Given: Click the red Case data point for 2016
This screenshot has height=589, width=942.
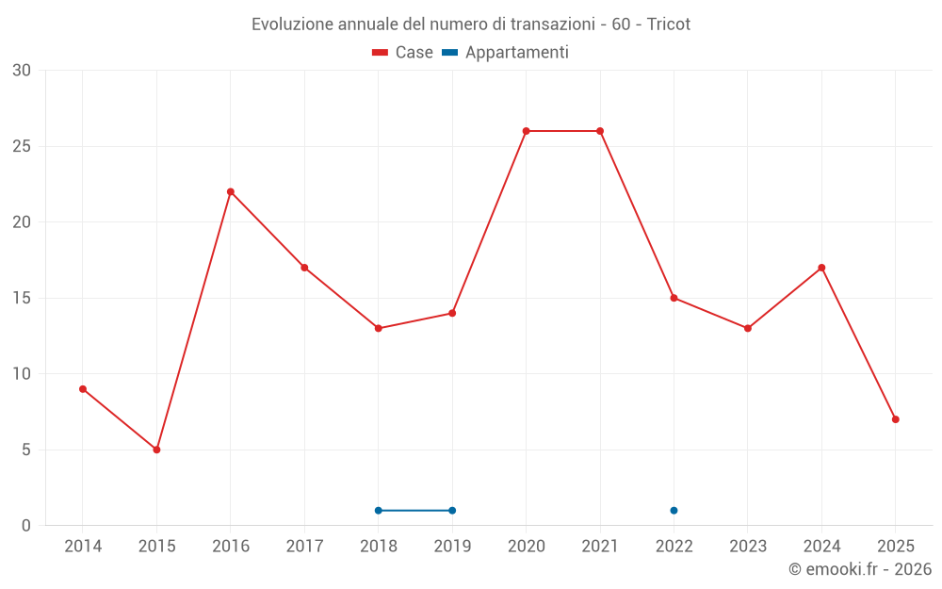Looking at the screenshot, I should pos(231,191).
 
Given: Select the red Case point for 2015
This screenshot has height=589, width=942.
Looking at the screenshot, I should pos(156,450).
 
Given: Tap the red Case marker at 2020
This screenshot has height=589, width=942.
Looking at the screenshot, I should pos(526,131).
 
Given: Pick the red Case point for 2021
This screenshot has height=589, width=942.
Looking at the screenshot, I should pos(600,131).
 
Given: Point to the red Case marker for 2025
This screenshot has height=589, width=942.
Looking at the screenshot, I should pos(895,419).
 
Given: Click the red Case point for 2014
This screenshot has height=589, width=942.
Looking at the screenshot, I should pos(83,389).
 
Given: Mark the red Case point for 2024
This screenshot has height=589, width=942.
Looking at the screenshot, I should pos(821,268).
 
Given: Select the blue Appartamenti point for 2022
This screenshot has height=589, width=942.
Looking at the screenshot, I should pos(674,511).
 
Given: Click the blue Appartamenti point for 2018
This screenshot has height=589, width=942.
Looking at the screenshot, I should pos(379,511).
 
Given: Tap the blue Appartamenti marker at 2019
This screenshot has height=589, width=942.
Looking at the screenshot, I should pos(452,511).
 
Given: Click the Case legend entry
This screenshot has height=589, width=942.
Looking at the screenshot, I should pos(403,53).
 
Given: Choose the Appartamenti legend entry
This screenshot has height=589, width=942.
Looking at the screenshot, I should pos(506,53).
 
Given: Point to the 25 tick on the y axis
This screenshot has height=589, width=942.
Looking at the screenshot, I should pos(22,146).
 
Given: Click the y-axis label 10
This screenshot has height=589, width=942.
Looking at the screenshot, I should pos(22,374).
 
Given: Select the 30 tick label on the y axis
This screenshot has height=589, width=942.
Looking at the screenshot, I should pos(22,71).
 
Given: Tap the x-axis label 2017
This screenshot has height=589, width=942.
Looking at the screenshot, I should pos(304,546).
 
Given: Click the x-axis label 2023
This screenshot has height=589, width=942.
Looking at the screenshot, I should pos(748,546).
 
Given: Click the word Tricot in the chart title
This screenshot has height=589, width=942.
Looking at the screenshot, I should pos(669,25).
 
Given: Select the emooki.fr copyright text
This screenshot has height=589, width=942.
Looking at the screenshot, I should pos(859,569).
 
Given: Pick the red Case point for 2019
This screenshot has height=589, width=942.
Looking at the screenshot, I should pos(452,313).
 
